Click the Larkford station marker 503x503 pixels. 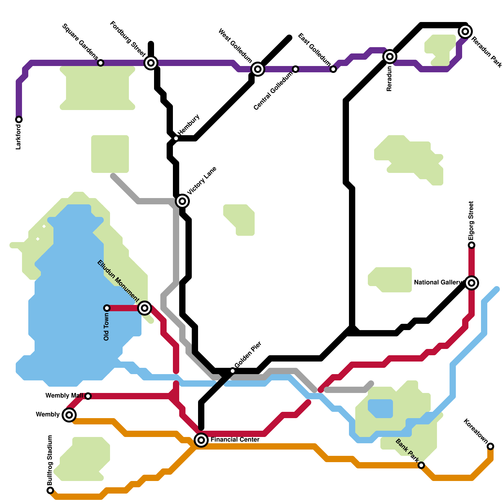[x=19, y=119]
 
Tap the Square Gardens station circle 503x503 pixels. [x=101, y=63]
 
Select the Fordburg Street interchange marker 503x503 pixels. [x=151, y=63]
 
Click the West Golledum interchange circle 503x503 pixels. [x=258, y=69]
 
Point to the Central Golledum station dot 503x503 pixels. [x=296, y=69]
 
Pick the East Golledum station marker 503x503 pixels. [x=333, y=69]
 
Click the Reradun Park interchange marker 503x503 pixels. [x=465, y=31]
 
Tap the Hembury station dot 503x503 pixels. [x=176, y=138]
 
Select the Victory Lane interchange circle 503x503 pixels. [x=182, y=201]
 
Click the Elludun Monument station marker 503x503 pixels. [x=145, y=308]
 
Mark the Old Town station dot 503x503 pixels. [x=107, y=308]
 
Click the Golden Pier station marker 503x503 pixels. [x=233, y=371]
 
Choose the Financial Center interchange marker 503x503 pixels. [x=201, y=440]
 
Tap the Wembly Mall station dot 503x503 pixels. [x=88, y=396]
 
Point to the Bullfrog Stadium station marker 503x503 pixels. [x=50, y=490]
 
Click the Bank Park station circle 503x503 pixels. [x=421, y=465]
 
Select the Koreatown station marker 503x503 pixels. [x=490, y=446]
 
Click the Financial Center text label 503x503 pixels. [x=235, y=440]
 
